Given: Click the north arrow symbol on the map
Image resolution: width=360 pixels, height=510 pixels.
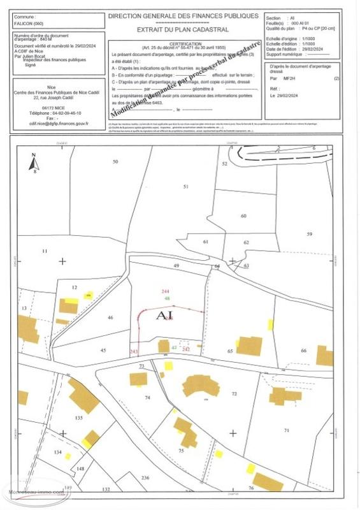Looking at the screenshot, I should point(34,163).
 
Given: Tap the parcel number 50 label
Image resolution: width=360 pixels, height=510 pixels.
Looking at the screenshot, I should point(115,162).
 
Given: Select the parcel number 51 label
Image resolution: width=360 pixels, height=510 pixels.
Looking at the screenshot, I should point(186,186).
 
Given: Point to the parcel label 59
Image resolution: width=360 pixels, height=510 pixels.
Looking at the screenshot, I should point(310,235).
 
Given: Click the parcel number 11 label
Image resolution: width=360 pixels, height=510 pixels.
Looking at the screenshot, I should point(45,252).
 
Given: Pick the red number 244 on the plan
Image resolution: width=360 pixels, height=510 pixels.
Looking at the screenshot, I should point(167,291).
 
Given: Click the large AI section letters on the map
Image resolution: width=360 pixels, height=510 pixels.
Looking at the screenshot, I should point(165,314).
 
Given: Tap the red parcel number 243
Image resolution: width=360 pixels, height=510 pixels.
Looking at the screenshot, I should point(133,352).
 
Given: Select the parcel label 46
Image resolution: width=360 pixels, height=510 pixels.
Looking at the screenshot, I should point(110,317).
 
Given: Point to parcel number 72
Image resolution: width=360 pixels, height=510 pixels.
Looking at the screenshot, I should point(234,394).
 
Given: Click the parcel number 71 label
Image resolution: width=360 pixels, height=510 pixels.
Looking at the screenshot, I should point(286,432).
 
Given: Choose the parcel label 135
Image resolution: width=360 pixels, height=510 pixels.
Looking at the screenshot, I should point(79,418).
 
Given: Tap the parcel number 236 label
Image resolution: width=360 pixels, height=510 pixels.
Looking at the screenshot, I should point(145,477).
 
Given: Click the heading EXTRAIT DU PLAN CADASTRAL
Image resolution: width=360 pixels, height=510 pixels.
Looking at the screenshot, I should point(183,30).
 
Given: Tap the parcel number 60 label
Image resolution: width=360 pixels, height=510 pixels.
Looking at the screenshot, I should point(243,215).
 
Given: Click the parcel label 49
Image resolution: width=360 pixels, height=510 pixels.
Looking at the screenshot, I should point(177,265).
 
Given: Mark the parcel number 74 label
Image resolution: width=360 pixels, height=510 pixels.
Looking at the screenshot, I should point(148,397).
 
